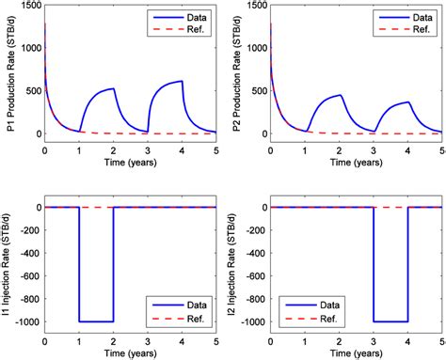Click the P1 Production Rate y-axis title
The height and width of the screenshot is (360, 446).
pyautogui.click(x=8, y=74)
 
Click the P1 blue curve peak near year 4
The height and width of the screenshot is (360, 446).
pyautogui.click(x=182, y=81)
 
